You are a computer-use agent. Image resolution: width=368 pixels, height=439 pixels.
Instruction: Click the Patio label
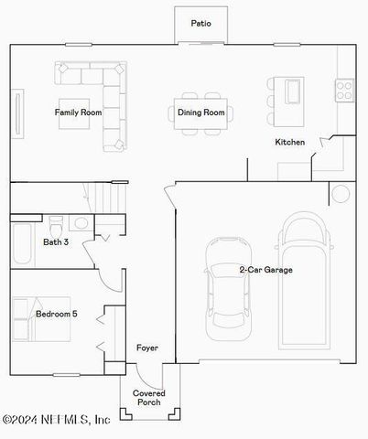200,23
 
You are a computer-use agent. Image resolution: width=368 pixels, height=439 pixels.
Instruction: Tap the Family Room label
78,112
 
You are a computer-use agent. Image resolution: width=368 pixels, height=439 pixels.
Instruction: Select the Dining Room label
200,112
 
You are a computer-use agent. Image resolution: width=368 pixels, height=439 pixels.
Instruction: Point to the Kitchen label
290,142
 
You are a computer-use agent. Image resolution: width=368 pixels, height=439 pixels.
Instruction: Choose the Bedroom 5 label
57,315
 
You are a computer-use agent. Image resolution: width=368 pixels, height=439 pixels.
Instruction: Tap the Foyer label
147,348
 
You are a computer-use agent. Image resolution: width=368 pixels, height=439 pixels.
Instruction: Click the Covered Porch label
148,398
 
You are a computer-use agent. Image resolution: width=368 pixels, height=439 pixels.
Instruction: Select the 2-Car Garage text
266,270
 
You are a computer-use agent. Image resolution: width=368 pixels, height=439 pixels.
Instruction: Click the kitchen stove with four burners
345,90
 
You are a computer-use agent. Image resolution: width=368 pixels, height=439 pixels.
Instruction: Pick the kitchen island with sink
293,91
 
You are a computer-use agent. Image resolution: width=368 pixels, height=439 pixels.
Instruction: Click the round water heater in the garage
340,194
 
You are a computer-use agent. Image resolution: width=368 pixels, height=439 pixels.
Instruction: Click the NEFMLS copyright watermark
57,420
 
